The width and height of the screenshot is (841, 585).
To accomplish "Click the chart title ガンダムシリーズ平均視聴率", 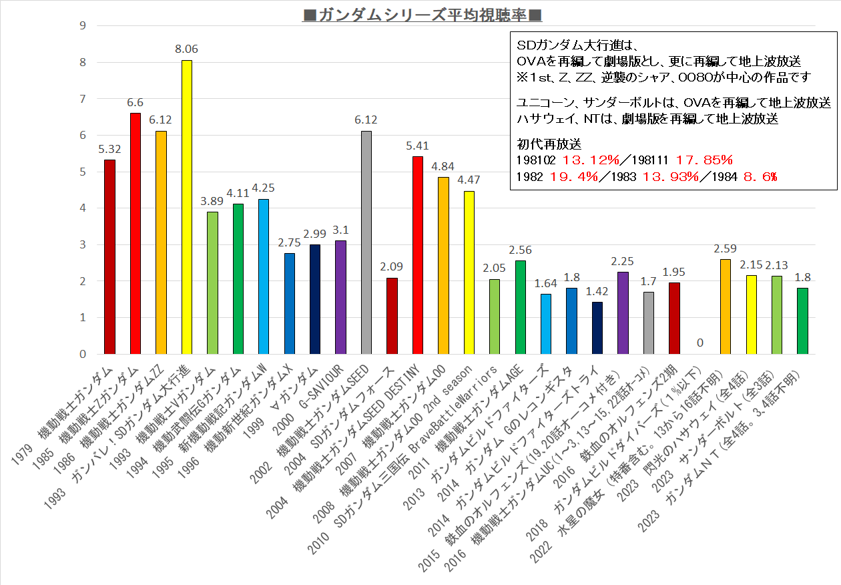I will click(x=421, y=14).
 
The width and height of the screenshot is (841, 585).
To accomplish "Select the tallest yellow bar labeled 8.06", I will click(x=187, y=207).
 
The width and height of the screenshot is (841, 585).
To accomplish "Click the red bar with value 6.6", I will click(x=135, y=234).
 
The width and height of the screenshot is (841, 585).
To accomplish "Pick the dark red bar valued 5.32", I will click(x=109, y=257).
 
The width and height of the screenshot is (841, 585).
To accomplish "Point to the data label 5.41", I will click(x=418, y=145).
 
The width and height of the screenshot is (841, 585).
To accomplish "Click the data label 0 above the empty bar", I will click(x=699, y=343).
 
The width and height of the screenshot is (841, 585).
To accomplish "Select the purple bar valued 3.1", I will click(x=340, y=297).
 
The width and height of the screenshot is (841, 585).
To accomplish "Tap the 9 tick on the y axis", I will click(x=83, y=26).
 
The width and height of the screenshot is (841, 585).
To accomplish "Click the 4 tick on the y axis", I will click(x=83, y=208).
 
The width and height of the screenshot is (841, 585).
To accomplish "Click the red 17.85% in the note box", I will click(x=704, y=160).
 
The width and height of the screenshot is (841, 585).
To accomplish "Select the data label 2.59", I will click(x=726, y=248).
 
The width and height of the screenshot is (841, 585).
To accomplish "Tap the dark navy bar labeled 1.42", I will click(x=597, y=328).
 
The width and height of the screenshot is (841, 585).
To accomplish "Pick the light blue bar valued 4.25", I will click(x=264, y=276).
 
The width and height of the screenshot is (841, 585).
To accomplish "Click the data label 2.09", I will click(x=392, y=266).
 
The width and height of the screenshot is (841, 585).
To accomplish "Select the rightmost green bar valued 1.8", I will click(x=802, y=321).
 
